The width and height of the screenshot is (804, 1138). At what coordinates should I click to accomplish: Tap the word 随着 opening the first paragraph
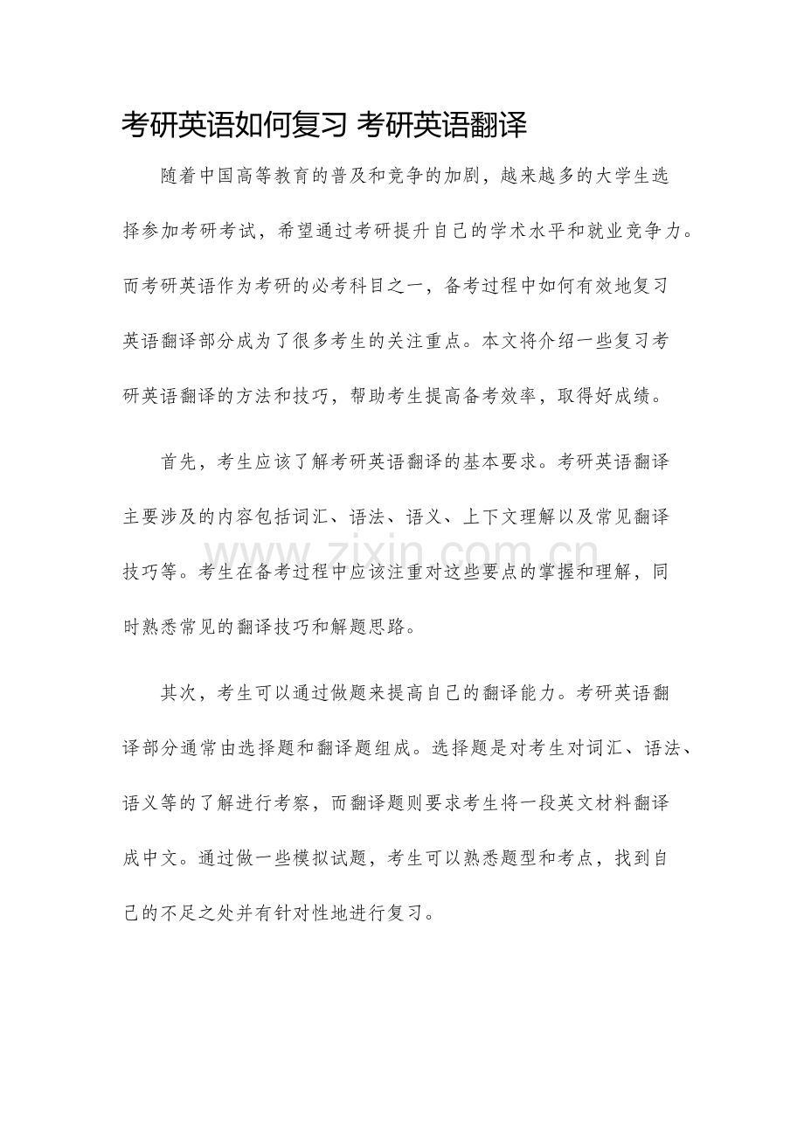[x=179, y=175]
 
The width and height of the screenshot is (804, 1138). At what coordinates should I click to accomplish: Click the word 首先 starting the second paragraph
[x=179, y=462]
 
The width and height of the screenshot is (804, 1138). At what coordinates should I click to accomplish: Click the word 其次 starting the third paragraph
[x=179, y=693]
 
